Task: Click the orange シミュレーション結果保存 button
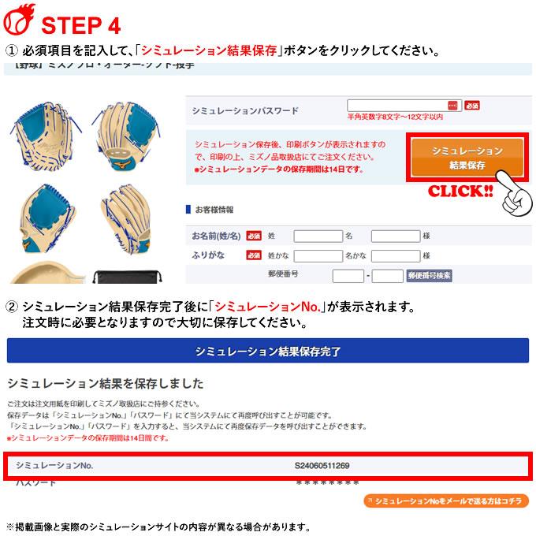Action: (x=467, y=158)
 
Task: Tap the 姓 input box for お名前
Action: (x=317, y=236)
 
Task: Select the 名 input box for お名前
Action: (x=395, y=236)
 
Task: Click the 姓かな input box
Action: (x=317, y=255)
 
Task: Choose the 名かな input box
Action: (x=395, y=255)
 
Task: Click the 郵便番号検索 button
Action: (x=429, y=275)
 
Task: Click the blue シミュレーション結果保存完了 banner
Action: (x=268, y=351)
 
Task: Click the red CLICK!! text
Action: (x=460, y=192)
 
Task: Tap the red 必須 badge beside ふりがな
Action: (x=254, y=255)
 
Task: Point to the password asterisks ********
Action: (x=327, y=482)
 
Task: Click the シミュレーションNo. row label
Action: (x=54, y=465)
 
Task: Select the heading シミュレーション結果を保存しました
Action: (x=105, y=384)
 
